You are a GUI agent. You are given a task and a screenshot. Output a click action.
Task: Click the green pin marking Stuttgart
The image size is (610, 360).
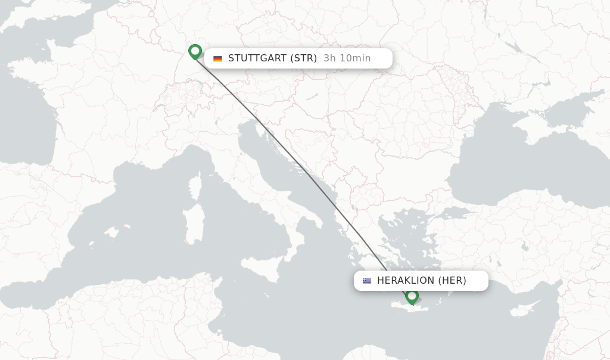pyautogui.click(x=195, y=51)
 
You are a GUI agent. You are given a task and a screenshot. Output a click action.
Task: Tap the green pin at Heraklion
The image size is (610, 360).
pyautogui.click(x=412, y=296)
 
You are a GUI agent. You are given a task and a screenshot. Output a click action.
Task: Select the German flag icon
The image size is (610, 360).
pyautogui.click(x=217, y=58)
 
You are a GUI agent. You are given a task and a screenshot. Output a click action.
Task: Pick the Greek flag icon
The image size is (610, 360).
pyautogui.click(x=366, y=281)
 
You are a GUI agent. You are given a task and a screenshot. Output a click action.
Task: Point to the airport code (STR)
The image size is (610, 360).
pyautogui.click(x=304, y=58)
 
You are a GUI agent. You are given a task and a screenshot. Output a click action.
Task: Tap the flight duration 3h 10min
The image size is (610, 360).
pyautogui.click(x=347, y=58)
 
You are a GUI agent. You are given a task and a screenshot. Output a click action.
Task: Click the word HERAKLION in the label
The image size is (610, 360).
pyautogui.click(x=406, y=281)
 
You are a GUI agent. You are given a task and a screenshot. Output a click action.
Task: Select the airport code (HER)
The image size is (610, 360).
pyautogui.click(x=452, y=281)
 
